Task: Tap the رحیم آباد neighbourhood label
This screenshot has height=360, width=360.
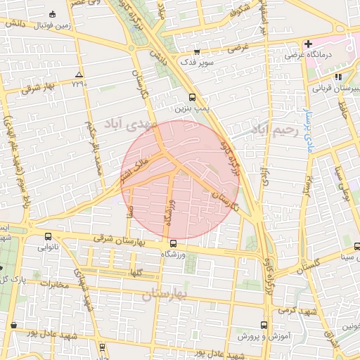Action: pyautogui.click(x=276, y=129)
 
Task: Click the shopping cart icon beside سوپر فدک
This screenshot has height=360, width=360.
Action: pyautogui.click(x=197, y=51)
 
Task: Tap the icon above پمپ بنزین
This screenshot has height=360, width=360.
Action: pyautogui.click(x=192, y=98)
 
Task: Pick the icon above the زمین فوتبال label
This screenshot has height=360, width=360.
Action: pyautogui.click(x=53, y=15)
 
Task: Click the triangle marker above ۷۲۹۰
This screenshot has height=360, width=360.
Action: pyautogui.click(x=79, y=75)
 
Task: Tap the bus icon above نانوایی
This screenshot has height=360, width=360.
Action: pyautogui.click(x=48, y=236)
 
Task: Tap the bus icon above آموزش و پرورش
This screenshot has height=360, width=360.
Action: pyautogui.click(x=264, y=326)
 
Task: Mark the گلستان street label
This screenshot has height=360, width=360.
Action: pyautogui.click(x=307, y=264)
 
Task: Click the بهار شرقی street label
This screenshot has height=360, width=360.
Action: pyautogui.click(x=39, y=87)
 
